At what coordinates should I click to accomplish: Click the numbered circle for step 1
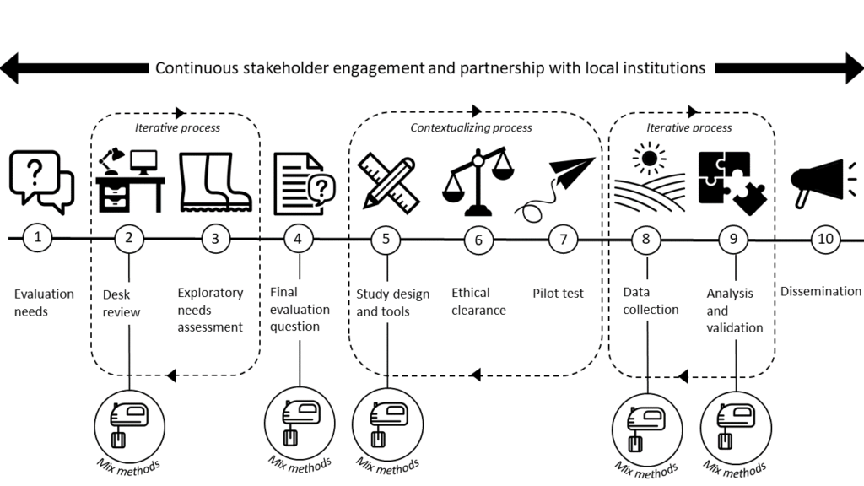click(x=36, y=239)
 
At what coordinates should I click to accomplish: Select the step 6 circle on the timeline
click(x=478, y=239)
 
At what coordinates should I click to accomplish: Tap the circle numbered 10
click(x=825, y=239)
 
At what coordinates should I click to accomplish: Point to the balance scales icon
click(x=479, y=181)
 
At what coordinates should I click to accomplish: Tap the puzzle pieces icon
click(x=732, y=182)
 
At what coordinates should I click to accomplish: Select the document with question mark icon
click(x=300, y=181)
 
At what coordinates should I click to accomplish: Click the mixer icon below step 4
click(x=299, y=419)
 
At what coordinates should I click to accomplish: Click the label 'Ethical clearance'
click(x=478, y=301)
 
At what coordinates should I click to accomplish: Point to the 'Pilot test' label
click(x=558, y=294)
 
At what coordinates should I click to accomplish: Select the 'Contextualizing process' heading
click(x=471, y=127)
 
